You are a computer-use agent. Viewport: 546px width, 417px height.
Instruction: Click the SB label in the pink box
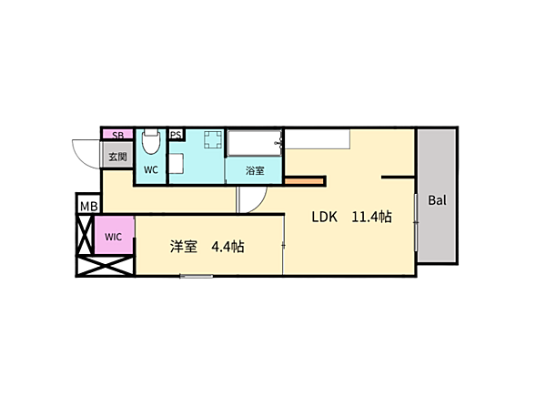117,135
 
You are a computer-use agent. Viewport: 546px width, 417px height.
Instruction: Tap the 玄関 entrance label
117,157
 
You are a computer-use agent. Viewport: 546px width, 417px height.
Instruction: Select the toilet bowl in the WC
151,141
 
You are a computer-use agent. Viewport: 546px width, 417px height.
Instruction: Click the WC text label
151,170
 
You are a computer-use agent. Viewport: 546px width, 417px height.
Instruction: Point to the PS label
176,135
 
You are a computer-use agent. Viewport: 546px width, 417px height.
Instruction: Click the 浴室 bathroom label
255,170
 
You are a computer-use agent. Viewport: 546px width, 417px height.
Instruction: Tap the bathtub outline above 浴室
255,143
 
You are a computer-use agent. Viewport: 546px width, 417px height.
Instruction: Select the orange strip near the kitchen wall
304,181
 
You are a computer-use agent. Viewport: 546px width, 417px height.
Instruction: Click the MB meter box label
89,207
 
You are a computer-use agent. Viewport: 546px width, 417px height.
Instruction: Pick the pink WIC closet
115,236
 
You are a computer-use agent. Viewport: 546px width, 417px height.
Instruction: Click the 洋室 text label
184,247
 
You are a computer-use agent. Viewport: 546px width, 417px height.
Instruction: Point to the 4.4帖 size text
227,247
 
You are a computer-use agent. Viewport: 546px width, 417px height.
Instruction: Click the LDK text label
324,217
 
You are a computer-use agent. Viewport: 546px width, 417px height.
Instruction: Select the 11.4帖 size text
371,217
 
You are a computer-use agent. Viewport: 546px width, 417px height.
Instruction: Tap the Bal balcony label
437,200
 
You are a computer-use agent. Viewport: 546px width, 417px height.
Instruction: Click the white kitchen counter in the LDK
318,139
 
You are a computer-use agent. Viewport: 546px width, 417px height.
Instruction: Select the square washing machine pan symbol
213,139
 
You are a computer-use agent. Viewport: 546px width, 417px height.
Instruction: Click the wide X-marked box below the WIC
105,266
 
